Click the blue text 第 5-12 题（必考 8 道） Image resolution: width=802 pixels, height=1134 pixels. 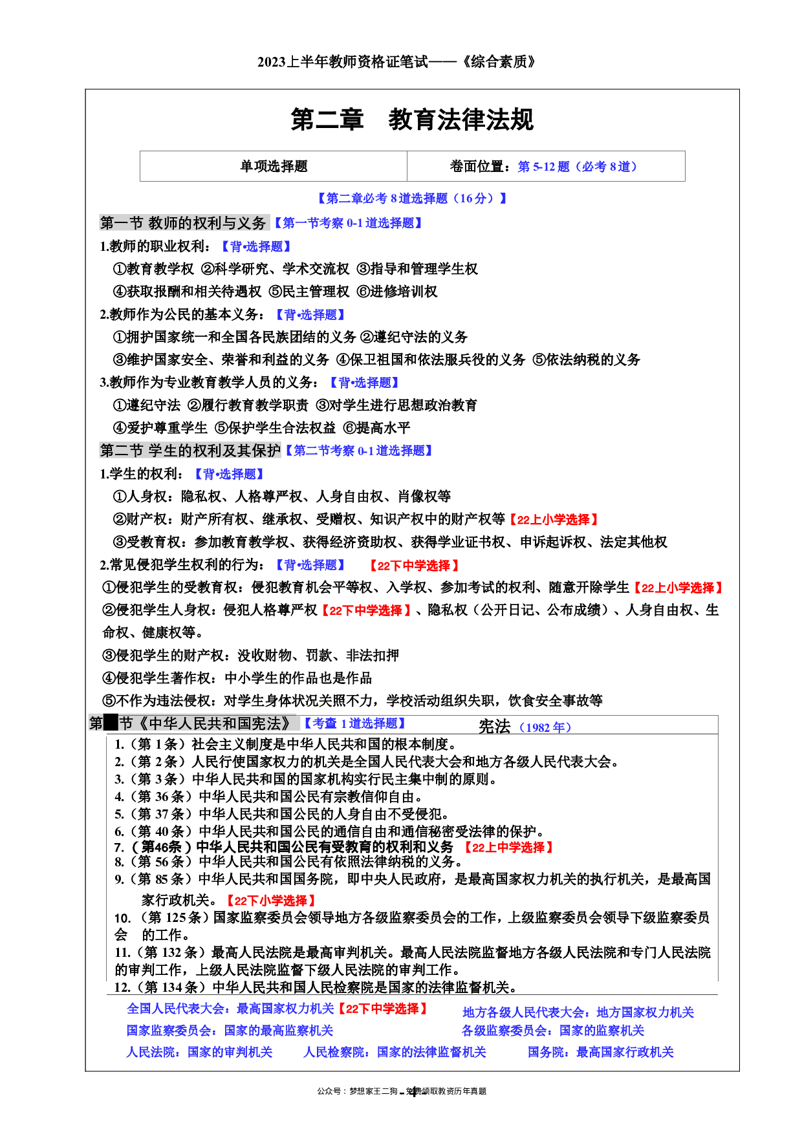point(577,167)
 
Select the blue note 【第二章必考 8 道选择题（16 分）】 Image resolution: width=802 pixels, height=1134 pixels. point(412,198)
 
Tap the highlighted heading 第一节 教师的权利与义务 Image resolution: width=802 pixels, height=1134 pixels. point(184,223)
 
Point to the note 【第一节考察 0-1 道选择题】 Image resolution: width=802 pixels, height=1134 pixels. point(348,223)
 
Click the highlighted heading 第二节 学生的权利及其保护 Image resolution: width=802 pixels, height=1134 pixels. point(190,451)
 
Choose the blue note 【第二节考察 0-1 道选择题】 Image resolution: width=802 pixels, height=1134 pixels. point(359,451)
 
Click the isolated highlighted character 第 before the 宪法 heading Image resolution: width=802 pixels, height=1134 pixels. point(96,723)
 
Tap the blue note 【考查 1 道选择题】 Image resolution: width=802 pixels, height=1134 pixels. point(354,723)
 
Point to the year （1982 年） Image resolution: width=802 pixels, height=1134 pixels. point(545,727)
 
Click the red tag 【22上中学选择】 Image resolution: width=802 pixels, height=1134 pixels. point(508,848)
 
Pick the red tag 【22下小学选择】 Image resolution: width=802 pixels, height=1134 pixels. point(271,901)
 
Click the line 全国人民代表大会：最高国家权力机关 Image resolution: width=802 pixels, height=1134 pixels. point(230,1009)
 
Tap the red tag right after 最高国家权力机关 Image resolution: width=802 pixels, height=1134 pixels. point(382,1009)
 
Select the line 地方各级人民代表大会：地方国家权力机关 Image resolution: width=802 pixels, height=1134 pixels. point(578,1012)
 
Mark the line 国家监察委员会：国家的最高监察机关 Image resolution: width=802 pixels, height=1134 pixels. point(230,1031)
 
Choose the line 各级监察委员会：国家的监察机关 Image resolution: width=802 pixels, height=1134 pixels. point(553,1031)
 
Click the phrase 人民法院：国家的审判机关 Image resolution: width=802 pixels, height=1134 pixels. point(199,1053)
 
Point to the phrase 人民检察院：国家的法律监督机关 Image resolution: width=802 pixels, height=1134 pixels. point(395,1053)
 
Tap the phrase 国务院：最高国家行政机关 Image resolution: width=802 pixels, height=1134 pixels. point(600,1053)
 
